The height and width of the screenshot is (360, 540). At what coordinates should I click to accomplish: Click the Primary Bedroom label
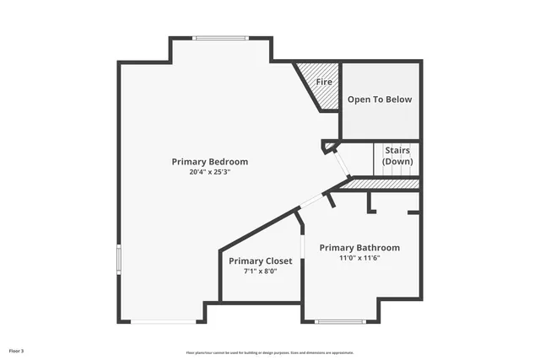click(209, 161)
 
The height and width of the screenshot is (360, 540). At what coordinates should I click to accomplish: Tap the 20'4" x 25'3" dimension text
click(209, 171)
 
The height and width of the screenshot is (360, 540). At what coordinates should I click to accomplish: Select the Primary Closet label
click(261, 261)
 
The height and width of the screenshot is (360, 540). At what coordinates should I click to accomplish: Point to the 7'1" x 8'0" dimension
click(261, 271)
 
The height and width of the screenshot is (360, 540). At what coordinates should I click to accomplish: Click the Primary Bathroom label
click(359, 248)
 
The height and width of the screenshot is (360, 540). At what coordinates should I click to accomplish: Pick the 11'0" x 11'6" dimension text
click(359, 258)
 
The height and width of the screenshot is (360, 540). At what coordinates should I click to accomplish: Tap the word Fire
click(324, 83)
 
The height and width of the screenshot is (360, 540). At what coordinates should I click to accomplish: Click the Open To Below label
click(380, 99)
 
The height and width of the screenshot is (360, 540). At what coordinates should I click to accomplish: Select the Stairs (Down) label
click(397, 155)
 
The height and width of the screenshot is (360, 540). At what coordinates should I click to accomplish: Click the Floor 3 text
click(17, 350)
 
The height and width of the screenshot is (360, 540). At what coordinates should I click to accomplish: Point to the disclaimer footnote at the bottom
click(270, 352)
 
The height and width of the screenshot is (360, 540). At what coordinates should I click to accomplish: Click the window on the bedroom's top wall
click(220, 38)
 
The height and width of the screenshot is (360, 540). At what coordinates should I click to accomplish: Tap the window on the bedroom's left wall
click(118, 259)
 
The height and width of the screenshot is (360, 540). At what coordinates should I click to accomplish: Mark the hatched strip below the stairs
click(384, 184)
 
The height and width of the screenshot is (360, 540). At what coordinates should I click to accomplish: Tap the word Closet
click(278, 261)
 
